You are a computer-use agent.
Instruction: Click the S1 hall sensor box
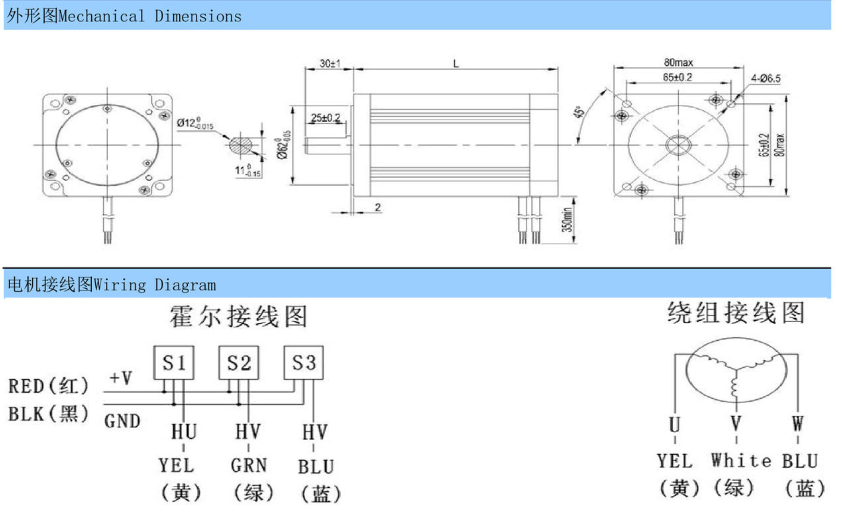click(x=174, y=362)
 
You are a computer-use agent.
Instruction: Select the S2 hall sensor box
click(x=239, y=362)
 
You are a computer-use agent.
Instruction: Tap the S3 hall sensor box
click(x=304, y=362)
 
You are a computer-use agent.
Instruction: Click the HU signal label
click(x=184, y=432)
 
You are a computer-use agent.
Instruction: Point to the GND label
click(x=122, y=421)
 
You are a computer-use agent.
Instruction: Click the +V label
click(x=120, y=377)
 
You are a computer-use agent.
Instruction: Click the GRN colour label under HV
click(x=249, y=466)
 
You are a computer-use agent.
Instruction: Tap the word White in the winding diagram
click(x=741, y=460)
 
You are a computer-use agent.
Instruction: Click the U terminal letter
click(x=675, y=424)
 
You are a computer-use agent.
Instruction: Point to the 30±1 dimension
click(x=330, y=64)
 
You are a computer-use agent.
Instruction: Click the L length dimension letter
click(x=456, y=64)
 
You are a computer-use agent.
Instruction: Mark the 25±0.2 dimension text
click(x=325, y=118)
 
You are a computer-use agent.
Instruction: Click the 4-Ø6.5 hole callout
click(x=766, y=78)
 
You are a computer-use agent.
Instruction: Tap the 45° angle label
click(x=579, y=112)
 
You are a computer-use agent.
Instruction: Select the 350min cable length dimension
click(x=567, y=220)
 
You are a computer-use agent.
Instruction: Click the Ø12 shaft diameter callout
click(x=195, y=123)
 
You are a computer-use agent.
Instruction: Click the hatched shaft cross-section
click(x=241, y=146)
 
